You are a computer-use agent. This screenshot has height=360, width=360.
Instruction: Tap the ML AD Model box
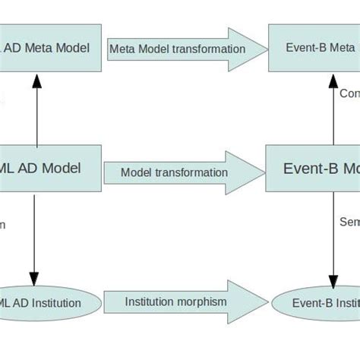point(49,169)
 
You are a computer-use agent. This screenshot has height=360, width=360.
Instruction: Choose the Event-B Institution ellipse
point(316,303)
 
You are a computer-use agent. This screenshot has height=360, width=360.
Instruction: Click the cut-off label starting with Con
point(349,93)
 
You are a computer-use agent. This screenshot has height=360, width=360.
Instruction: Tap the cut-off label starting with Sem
point(349,223)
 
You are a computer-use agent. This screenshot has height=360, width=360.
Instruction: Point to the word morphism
point(201,302)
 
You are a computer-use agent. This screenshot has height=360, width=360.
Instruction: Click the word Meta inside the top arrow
point(125,49)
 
